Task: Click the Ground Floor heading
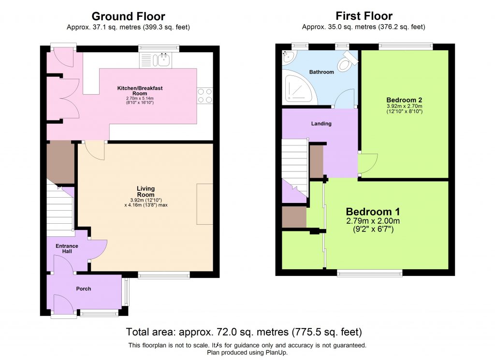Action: click(x=128, y=17)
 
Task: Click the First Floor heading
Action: click(x=364, y=16)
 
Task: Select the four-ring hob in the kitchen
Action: click(x=205, y=95)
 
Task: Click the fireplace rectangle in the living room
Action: click(x=204, y=203)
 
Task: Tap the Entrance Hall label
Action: click(x=67, y=249)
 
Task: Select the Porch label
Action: click(x=83, y=289)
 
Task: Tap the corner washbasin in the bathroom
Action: click(x=289, y=57)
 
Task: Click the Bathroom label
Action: click(x=321, y=72)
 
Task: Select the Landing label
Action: click(x=321, y=124)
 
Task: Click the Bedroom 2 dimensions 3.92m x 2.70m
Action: click(x=404, y=109)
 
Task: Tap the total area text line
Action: click(x=244, y=332)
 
